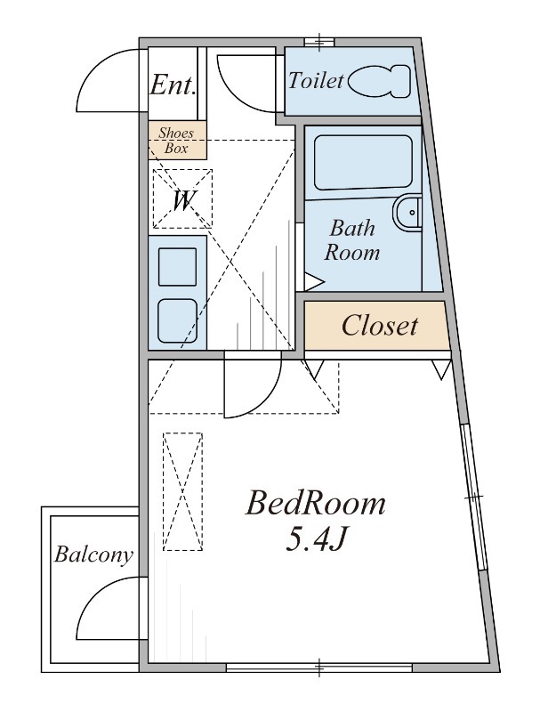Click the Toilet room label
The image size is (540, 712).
point(317,81)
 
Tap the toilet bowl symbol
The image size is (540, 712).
point(379,81)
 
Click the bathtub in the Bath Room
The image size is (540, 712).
point(364,163)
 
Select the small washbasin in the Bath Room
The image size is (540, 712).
point(407,213)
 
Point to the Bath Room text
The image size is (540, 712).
point(352,240)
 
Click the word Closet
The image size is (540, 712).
point(379,326)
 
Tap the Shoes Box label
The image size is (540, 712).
point(176,141)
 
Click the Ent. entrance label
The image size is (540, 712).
point(173,85)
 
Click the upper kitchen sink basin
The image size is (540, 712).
point(177,266)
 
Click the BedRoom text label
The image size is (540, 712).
point(316,504)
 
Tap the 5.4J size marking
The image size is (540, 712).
point(317,539)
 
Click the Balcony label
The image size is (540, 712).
point(93,554)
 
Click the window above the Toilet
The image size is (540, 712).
point(319,42)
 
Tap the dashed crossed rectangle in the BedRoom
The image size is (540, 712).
point(183,492)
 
